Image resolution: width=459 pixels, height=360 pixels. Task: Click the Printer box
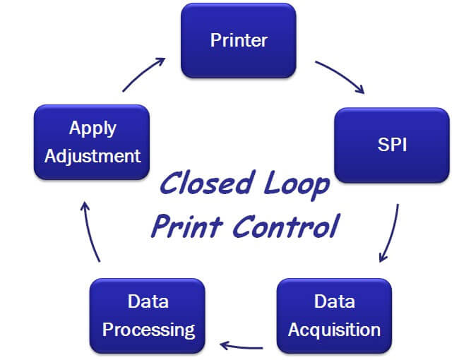[238, 40]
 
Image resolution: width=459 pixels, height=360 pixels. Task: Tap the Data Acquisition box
[334, 315]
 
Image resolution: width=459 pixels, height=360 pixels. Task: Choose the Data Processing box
[148, 315]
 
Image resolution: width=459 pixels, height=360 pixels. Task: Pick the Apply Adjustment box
[92, 142]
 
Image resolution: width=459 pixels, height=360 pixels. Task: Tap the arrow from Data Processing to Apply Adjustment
[91, 230]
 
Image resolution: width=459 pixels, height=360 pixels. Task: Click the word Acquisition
[334, 329]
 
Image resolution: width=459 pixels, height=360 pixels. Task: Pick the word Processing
[148, 329]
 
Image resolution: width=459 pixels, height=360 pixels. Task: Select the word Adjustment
[93, 155]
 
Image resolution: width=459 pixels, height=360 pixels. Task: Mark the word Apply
[93, 128]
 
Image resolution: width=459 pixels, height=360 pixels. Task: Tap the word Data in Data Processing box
[148, 302]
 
